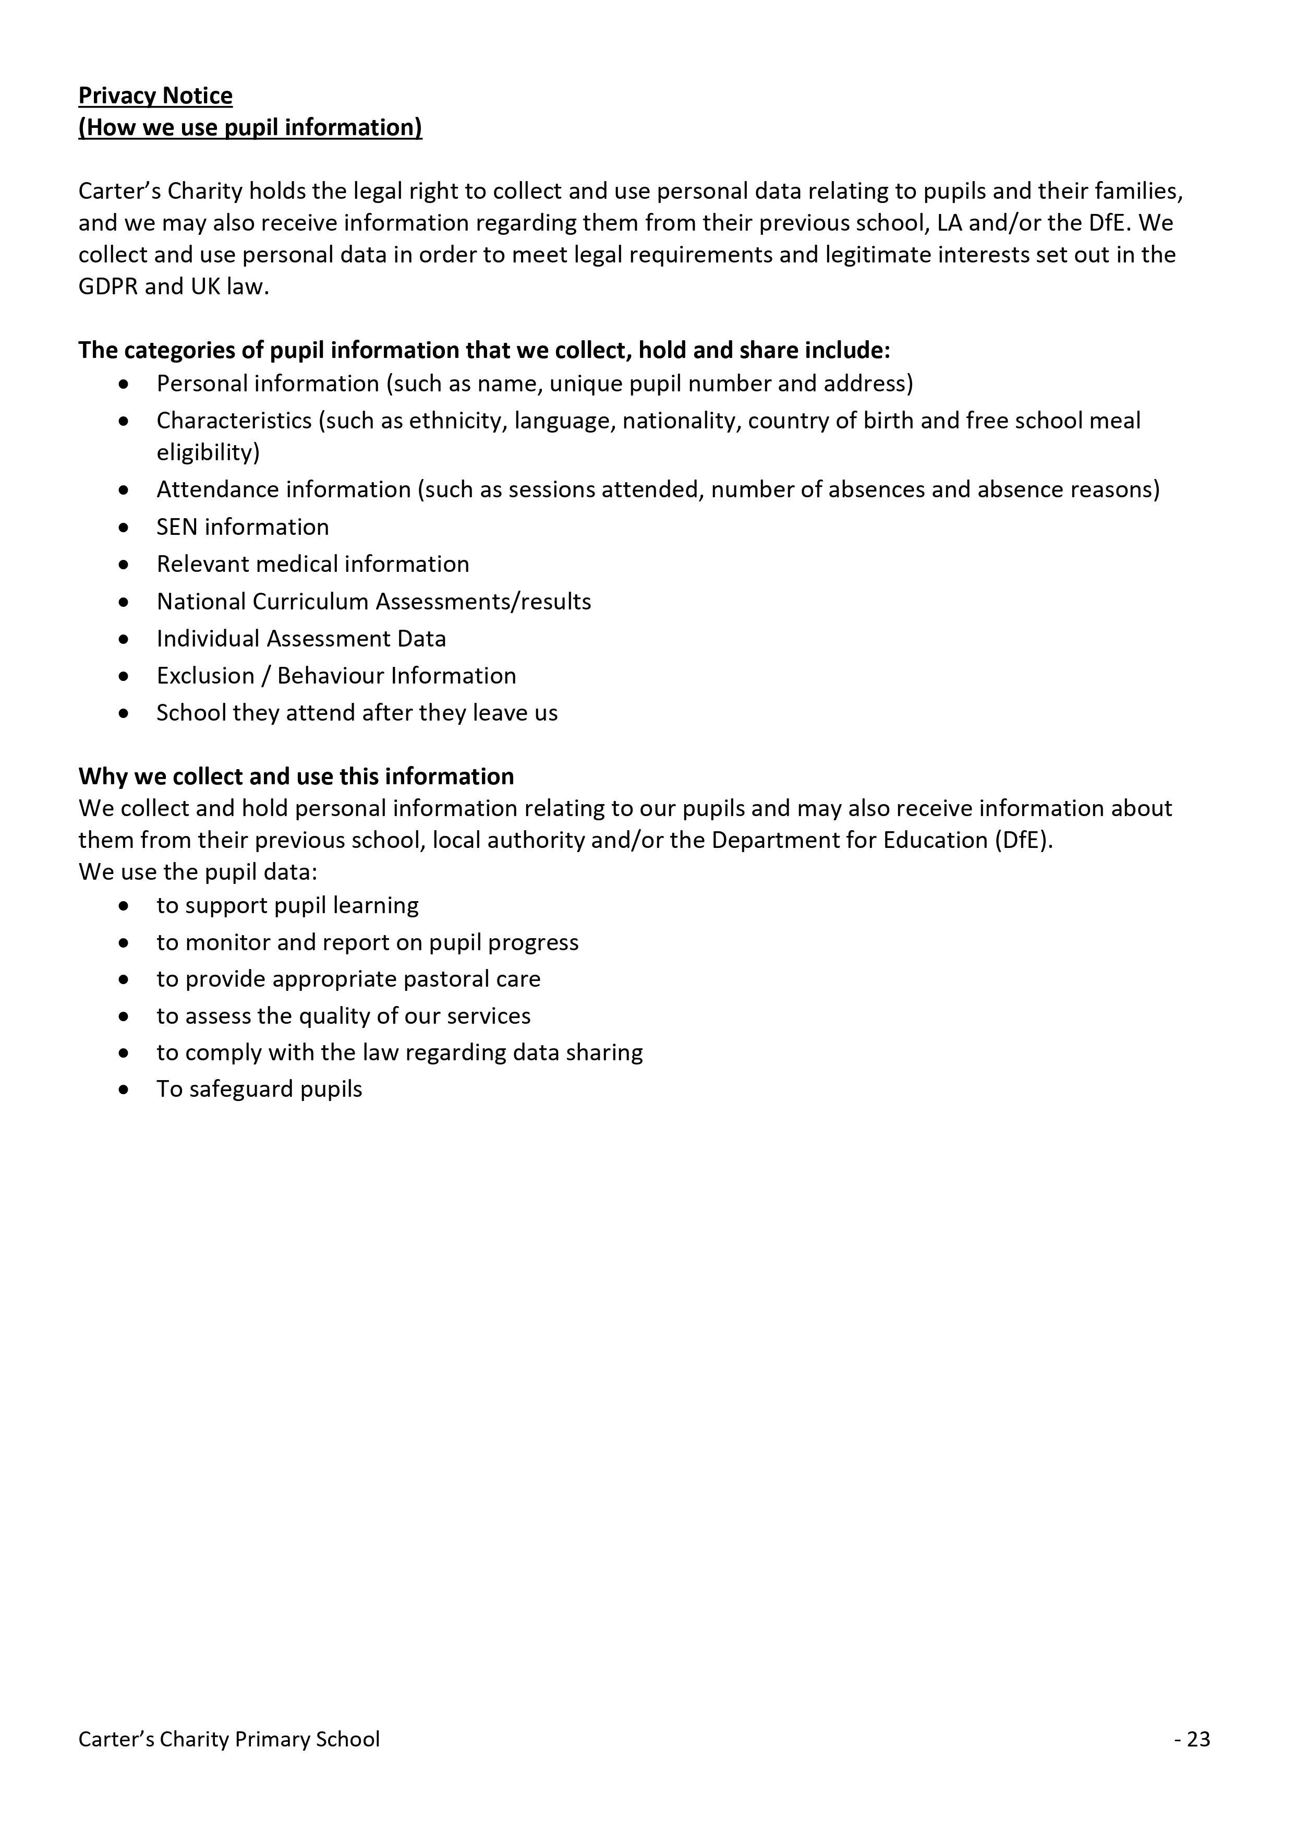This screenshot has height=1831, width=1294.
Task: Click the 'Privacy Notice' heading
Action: tap(155, 95)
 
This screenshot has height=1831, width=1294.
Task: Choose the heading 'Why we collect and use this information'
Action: tap(296, 776)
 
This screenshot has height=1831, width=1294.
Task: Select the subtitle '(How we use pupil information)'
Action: tap(249, 128)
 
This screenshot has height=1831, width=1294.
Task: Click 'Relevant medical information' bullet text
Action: tap(312, 564)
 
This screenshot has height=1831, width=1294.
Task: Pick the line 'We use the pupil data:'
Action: tap(198, 871)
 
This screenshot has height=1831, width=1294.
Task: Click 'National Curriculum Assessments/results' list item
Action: tap(373, 601)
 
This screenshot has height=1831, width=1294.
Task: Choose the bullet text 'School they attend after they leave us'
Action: tap(356, 712)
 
